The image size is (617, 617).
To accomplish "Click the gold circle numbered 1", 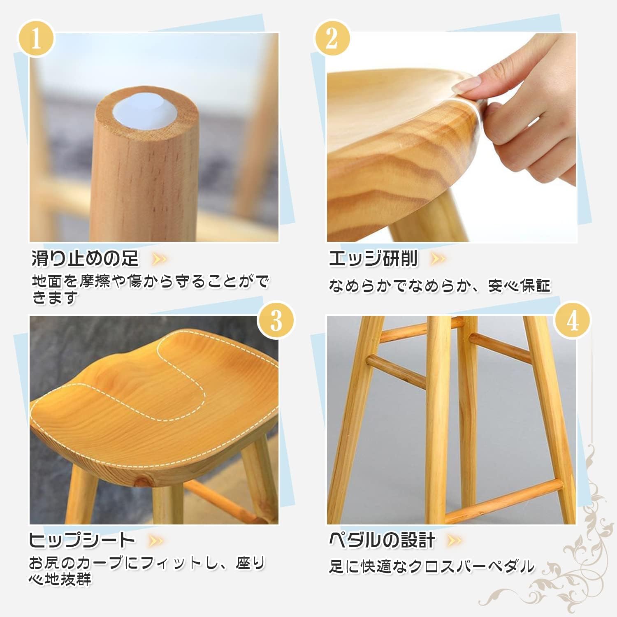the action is point(36,39).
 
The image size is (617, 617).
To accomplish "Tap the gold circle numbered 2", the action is point(332,39).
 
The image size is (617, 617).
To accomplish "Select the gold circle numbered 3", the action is point(276,320).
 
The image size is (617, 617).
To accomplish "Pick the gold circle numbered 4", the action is point(573,320).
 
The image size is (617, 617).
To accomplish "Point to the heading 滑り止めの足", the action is point(85,258).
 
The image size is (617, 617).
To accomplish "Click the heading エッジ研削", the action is point(373,258).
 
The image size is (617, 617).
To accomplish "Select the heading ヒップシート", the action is point(82,540).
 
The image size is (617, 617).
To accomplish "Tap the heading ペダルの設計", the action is point(382,540).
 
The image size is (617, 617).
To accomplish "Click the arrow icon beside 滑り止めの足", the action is point(159,259).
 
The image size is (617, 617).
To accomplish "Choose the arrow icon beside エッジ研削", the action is point(437,259).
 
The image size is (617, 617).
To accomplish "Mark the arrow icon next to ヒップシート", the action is point(155,540).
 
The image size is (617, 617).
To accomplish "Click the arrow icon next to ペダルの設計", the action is point(454,540).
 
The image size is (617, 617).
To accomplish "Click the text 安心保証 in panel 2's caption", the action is point(519,285).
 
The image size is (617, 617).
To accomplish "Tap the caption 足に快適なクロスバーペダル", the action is point(431,567).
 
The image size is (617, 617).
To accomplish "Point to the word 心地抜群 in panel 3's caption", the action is point(60,580).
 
